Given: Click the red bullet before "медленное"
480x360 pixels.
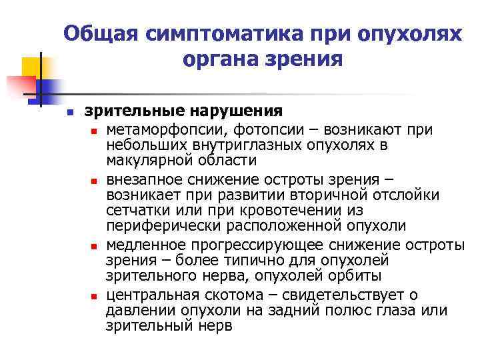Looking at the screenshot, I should pyautogui.click(x=95, y=246).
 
